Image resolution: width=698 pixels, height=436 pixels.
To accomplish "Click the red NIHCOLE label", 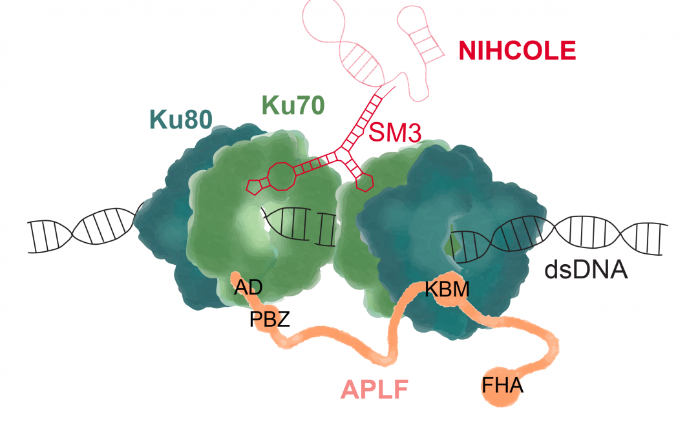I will pos(517,50).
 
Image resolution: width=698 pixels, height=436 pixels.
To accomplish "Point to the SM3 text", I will pos(395,132).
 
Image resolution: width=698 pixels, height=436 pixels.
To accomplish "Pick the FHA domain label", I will pos(502,387).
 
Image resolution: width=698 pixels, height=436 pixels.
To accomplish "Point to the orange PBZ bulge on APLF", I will pos(266,321).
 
